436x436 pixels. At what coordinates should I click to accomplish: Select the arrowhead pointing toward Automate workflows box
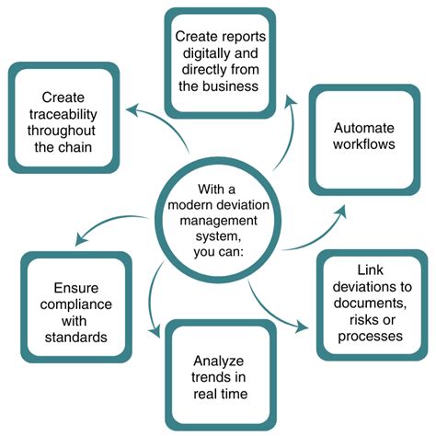click(341, 213)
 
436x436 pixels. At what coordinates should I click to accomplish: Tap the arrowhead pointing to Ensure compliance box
click(78, 241)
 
